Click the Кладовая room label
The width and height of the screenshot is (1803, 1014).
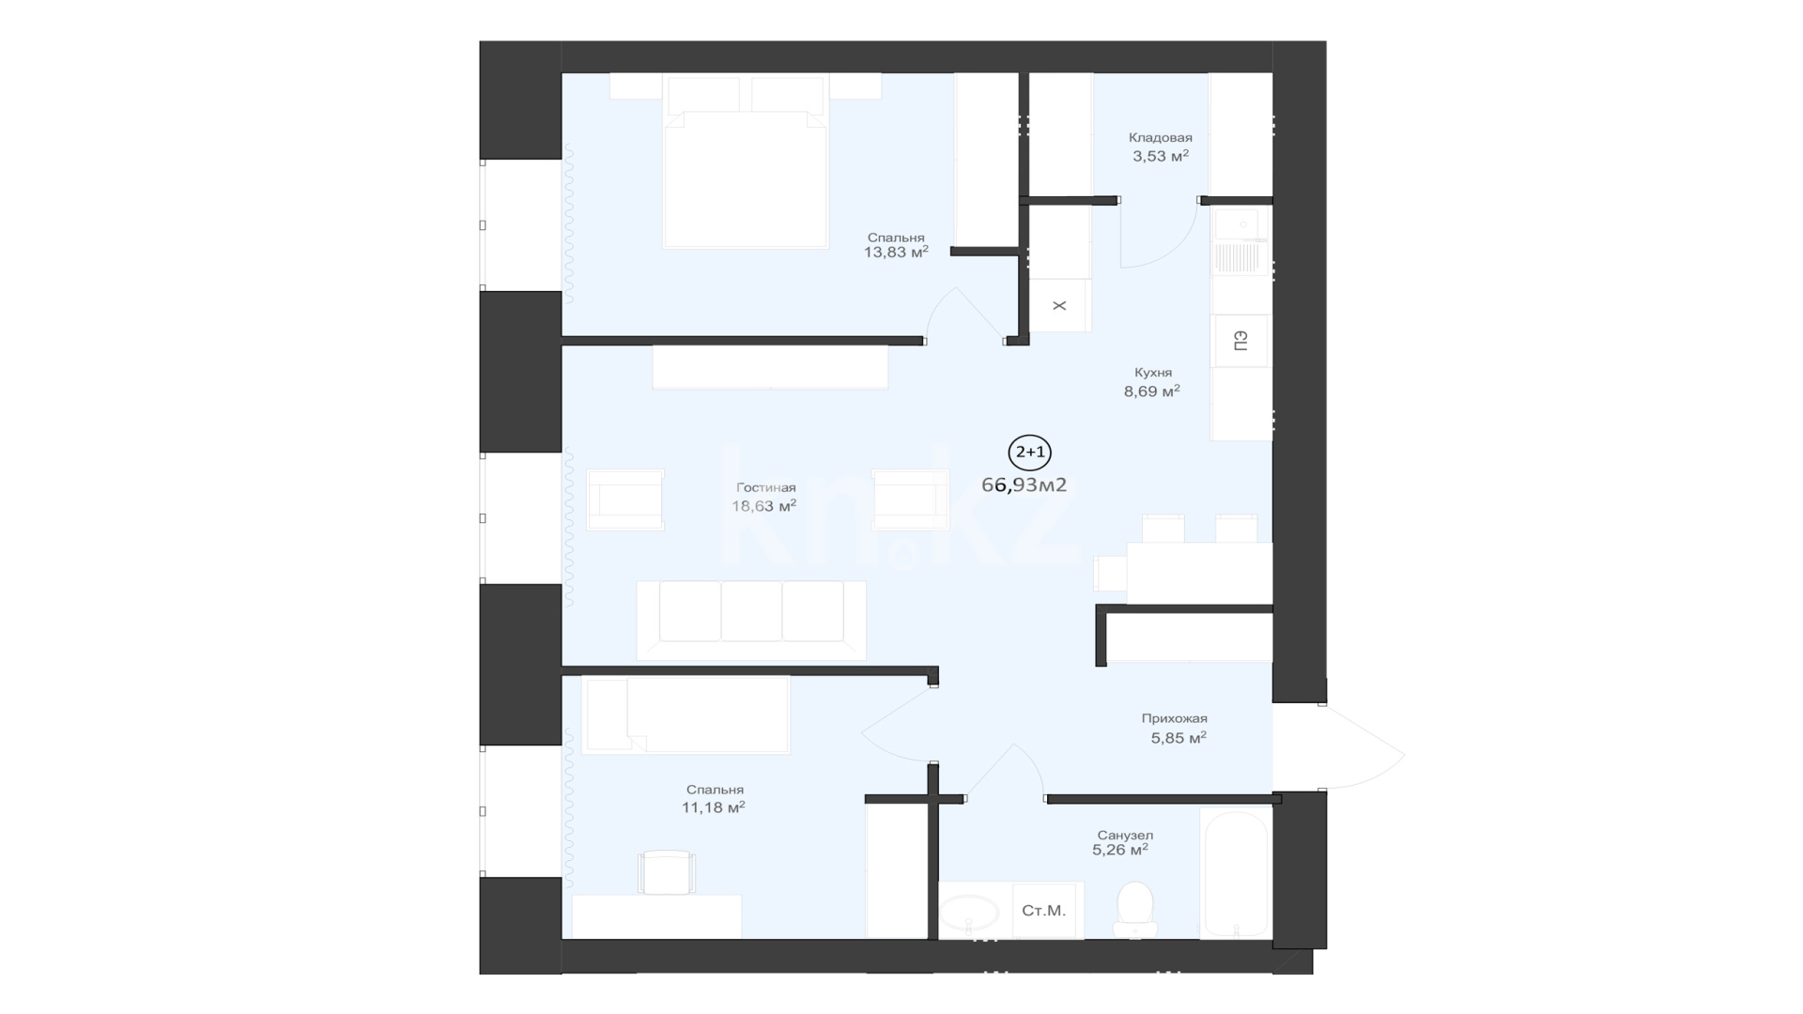tap(1160, 138)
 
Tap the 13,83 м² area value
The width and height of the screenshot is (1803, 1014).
tap(896, 252)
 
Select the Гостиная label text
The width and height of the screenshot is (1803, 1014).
tap(765, 487)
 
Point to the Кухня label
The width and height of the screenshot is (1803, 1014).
tap(1152, 373)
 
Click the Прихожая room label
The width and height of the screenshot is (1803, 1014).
tap(1174, 718)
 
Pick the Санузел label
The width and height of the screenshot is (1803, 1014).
tap(1125, 835)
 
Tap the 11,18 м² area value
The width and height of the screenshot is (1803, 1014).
tap(714, 807)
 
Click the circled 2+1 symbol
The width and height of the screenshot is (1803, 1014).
tap(1029, 453)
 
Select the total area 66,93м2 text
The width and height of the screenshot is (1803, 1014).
tap(1024, 484)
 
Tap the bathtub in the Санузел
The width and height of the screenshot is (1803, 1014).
tap(1235, 873)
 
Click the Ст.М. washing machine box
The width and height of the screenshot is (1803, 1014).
tap(1043, 910)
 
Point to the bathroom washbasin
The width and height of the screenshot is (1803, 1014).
tap(969, 912)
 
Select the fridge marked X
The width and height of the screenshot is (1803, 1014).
tap(1059, 305)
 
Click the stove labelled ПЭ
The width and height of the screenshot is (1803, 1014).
tap(1241, 340)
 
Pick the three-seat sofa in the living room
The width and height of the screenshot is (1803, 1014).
tap(751, 620)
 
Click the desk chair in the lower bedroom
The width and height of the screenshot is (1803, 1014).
tap(666, 872)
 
